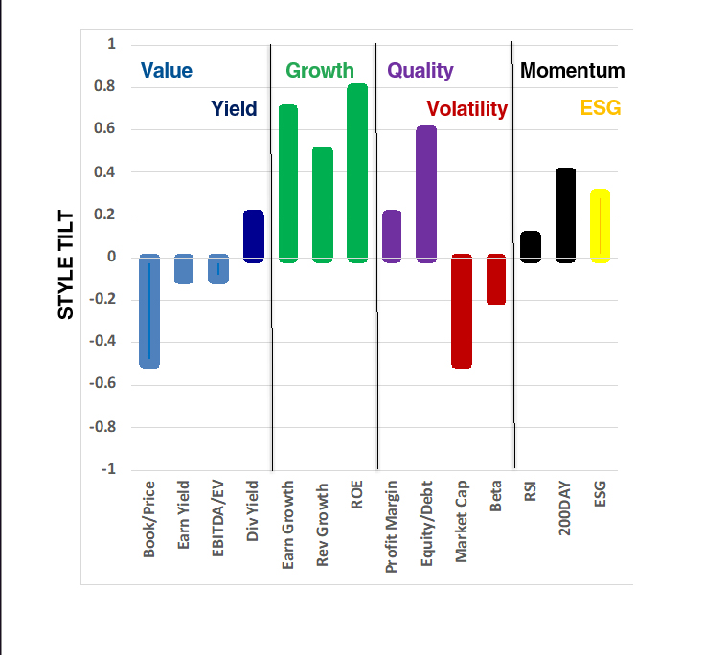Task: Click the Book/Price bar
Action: [x=148, y=311]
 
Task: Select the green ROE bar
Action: [x=356, y=173]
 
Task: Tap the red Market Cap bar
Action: [x=462, y=311]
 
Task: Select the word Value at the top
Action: [x=167, y=71]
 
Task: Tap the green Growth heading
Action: [x=320, y=71]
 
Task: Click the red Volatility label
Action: [x=466, y=109]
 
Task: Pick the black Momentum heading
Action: [x=572, y=71]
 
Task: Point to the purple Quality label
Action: [x=420, y=71]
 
